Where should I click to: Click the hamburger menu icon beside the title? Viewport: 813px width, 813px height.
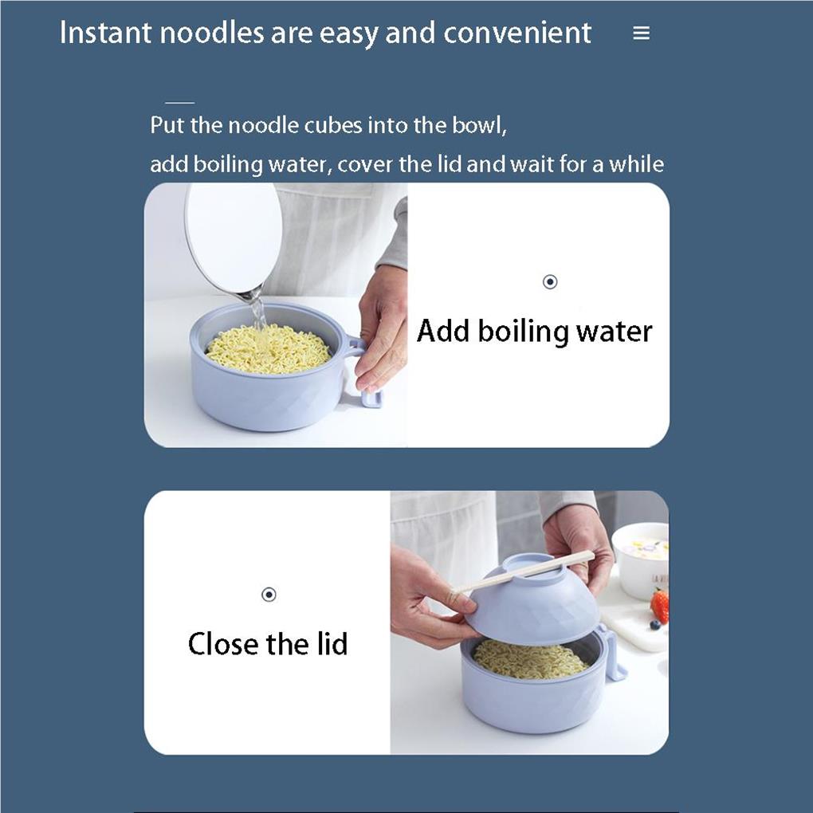641,33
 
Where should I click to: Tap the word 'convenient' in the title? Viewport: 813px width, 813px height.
516,33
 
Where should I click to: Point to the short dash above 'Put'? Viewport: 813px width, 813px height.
179,103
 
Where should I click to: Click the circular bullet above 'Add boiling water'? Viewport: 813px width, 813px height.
549,282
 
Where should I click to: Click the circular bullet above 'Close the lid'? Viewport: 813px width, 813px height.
269,595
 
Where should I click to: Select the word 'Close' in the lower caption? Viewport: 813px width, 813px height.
224,643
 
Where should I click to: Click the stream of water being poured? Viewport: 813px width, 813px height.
257,311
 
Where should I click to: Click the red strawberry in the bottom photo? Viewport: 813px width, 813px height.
659,606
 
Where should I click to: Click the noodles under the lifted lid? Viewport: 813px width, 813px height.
530,660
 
